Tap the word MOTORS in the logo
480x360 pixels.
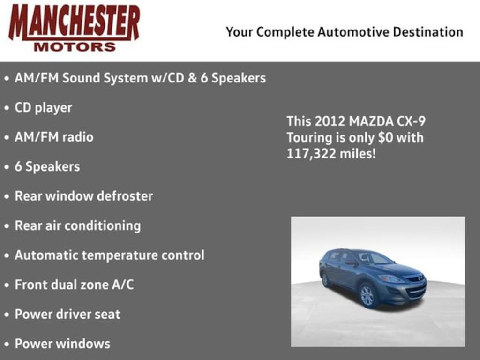75,47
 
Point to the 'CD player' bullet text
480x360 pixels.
43,108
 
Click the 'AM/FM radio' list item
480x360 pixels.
54,137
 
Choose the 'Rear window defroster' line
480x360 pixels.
83,196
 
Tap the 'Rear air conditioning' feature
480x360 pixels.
77,225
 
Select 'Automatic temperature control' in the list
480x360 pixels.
109,255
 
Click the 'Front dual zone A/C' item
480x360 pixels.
74,285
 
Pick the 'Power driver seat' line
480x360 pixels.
67,314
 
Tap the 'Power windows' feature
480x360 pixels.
62,344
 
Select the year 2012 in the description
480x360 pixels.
330,121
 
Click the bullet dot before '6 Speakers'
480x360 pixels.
7,167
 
